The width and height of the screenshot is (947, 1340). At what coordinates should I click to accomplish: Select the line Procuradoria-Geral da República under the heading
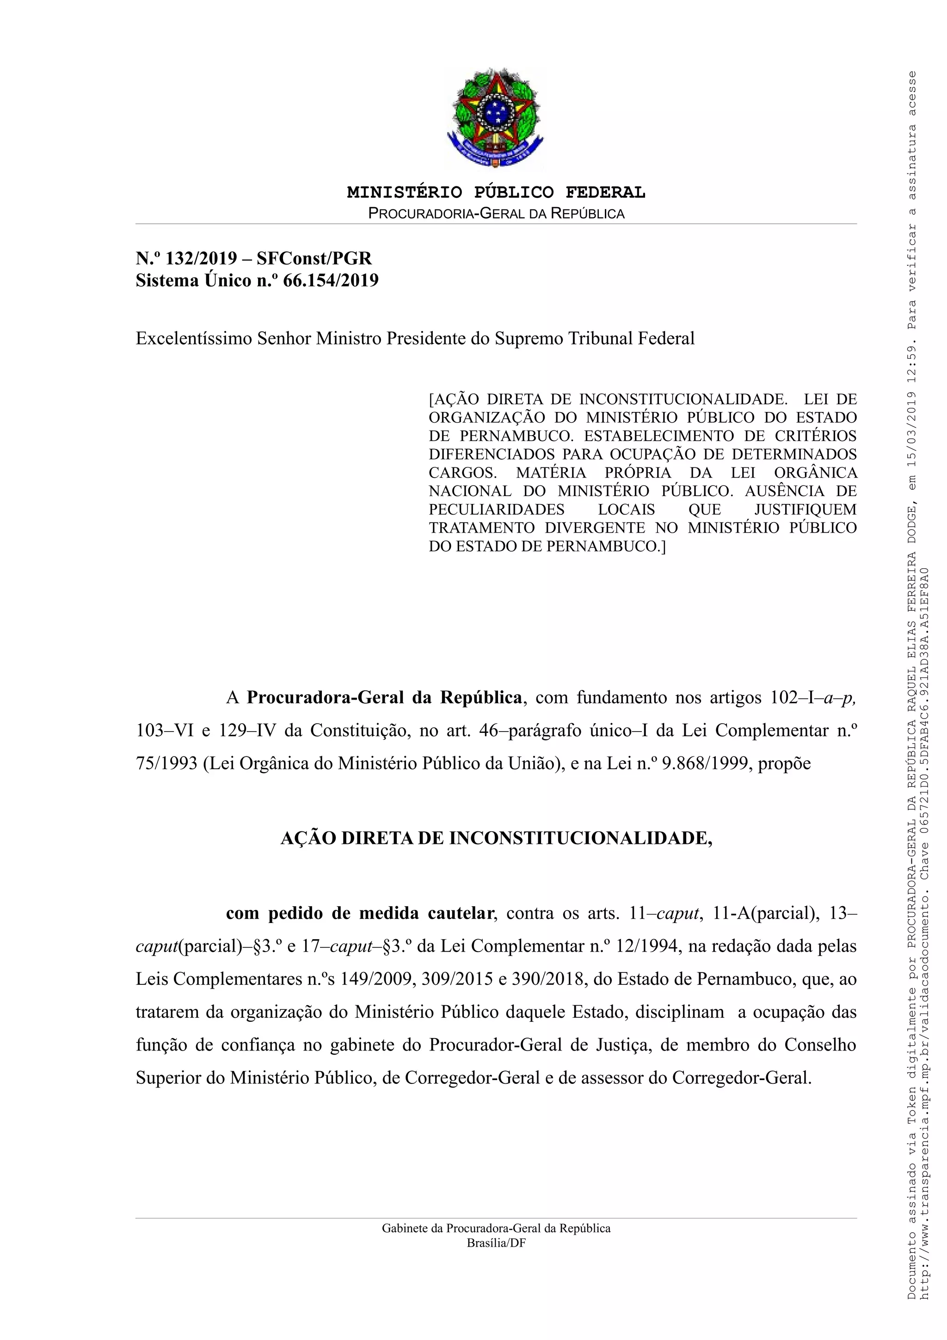496,213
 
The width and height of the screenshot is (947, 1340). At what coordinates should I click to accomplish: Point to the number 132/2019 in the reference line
201,258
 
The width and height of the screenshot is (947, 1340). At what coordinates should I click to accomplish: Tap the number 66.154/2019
331,281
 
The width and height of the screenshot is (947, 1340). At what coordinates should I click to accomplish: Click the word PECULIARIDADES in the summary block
497,510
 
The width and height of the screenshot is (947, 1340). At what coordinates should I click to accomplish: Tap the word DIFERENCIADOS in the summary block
493,454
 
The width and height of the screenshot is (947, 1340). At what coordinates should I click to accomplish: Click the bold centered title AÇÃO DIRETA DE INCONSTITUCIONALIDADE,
496,839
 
